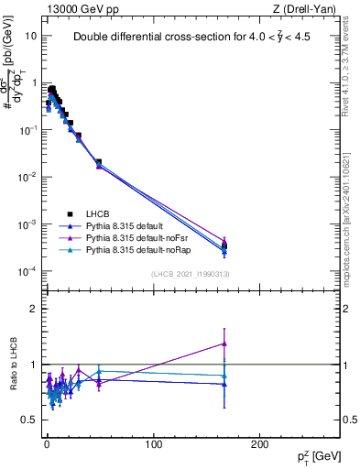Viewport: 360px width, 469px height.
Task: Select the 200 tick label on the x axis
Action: tap(260, 444)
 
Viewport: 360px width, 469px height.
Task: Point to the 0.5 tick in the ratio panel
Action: tap(28, 420)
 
